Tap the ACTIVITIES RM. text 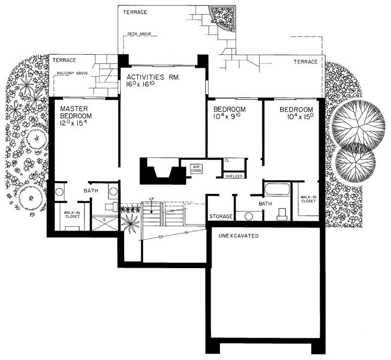point(152,77)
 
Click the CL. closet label point(228,160)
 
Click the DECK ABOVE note point(139,34)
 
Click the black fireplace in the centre point(163,171)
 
